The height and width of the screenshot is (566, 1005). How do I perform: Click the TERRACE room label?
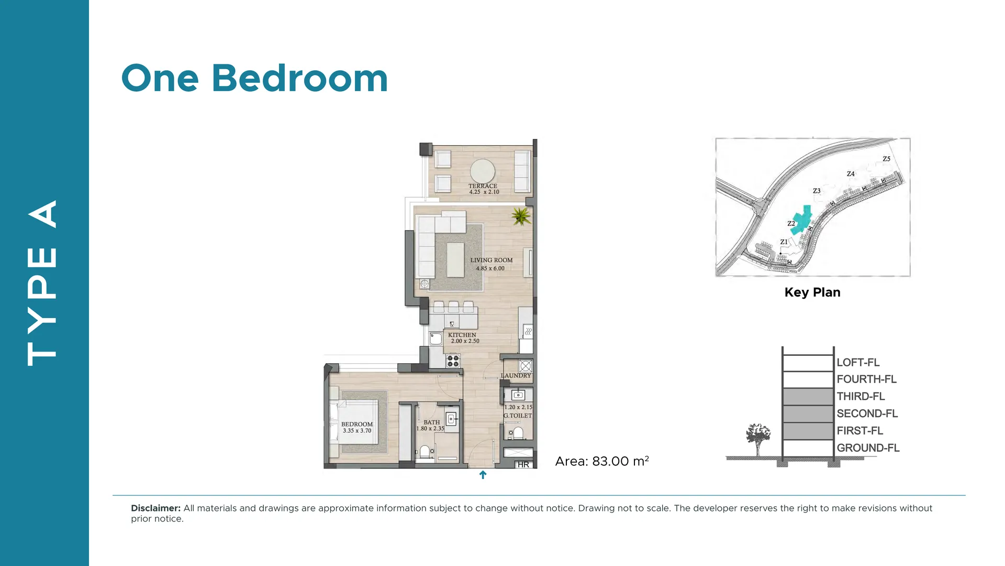483,186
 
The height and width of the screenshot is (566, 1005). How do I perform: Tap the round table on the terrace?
483,171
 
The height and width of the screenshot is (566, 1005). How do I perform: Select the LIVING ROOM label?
491,260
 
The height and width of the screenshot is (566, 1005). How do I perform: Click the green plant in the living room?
521,215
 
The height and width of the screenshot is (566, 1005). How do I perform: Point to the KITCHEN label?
462,335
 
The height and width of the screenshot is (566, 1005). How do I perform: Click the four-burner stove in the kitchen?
453,361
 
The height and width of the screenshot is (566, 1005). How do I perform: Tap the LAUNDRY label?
516,376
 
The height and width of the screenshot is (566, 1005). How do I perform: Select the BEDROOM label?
357,424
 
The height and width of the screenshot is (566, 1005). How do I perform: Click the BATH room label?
432,422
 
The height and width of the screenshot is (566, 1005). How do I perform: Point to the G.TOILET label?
518,416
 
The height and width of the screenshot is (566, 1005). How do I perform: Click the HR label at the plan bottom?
523,464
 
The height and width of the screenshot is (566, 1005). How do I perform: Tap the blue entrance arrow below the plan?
483,475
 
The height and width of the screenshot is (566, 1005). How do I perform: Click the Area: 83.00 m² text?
602,461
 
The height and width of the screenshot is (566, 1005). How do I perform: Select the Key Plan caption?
812,292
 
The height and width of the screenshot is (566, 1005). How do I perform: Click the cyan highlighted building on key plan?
801,220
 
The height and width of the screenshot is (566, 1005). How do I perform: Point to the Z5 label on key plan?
886,159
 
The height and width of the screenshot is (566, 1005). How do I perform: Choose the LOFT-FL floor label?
858,363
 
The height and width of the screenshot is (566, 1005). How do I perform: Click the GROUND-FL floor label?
868,448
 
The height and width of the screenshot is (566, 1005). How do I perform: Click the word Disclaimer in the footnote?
155,508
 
